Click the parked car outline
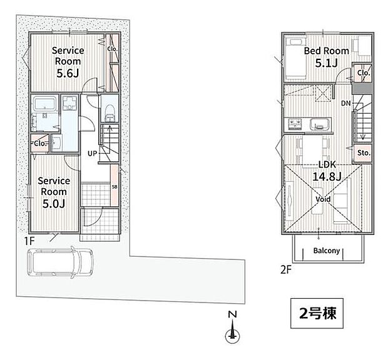tap(59, 262)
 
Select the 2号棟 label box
tap(317, 313)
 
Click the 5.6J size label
tap(68, 73)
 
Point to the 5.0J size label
tap(54, 204)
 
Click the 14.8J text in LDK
tap(327, 176)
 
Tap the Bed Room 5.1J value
tap(326, 63)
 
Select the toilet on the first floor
tap(110, 112)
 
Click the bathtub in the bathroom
tap(44, 104)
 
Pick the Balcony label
tap(327, 251)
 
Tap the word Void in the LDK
tap(323, 199)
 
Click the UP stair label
tap(92, 154)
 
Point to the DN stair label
tap(346, 103)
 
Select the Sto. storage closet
tap(363, 153)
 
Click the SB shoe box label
tap(115, 187)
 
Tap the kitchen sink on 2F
tap(320, 124)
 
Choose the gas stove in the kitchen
tap(296, 124)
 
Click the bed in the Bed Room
tap(295, 58)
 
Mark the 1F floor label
tap(29, 241)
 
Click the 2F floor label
tap(286, 270)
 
